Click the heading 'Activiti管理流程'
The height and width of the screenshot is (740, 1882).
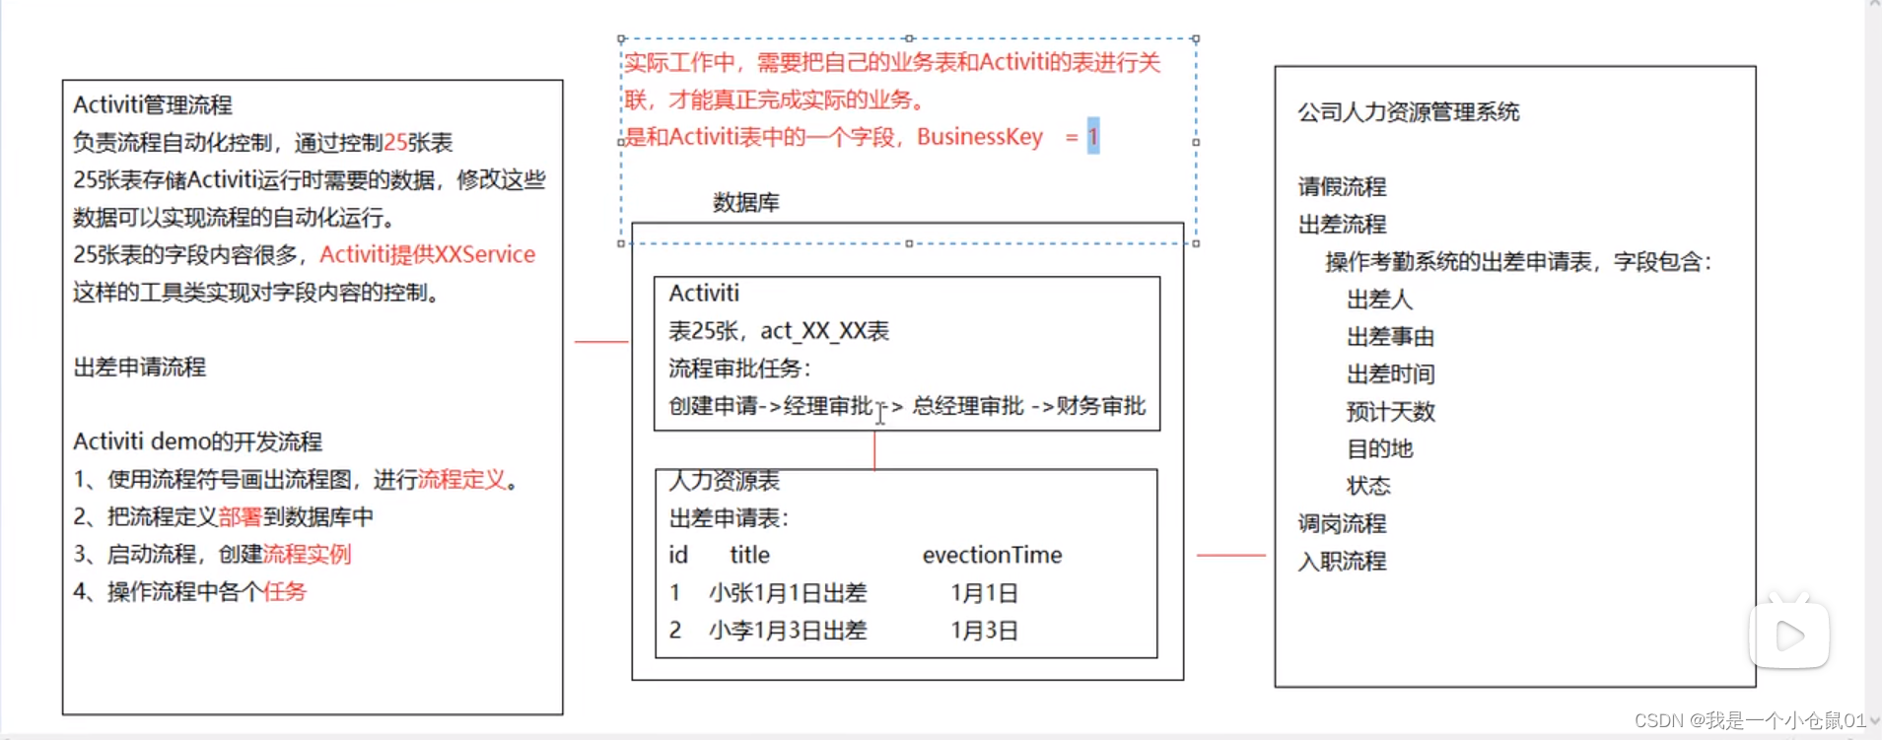pyautogui.click(x=153, y=105)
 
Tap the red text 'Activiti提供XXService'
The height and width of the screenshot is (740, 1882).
pyautogui.click(x=427, y=255)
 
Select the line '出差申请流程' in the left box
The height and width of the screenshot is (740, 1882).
pyautogui.click(x=139, y=368)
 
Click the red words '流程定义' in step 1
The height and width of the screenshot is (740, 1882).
pyautogui.click(x=461, y=480)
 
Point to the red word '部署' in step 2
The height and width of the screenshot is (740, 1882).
pyautogui.click(x=240, y=517)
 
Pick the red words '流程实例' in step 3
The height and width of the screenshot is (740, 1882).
pyautogui.click(x=307, y=555)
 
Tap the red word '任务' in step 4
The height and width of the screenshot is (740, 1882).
pyautogui.click(x=284, y=592)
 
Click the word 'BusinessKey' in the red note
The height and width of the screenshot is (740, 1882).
pyautogui.click(x=979, y=137)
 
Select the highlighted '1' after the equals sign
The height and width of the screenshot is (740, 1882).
pyautogui.click(x=1092, y=137)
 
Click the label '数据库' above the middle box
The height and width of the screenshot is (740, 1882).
pyautogui.click(x=745, y=203)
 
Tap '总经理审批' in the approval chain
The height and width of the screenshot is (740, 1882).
pyautogui.click(x=967, y=406)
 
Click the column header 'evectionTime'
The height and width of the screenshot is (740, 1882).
pyautogui.click(x=992, y=556)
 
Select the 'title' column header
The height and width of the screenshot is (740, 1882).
pyautogui.click(x=749, y=556)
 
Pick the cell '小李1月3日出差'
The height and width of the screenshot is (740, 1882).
pyautogui.click(x=787, y=631)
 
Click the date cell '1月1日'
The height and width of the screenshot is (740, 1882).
pyautogui.click(x=983, y=593)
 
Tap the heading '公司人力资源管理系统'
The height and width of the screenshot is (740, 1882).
pyautogui.click(x=1408, y=112)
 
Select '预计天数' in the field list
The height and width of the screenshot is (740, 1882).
pyautogui.click(x=1390, y=412)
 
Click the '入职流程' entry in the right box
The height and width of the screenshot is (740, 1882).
pyautogui.click(x=1342, y=562)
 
